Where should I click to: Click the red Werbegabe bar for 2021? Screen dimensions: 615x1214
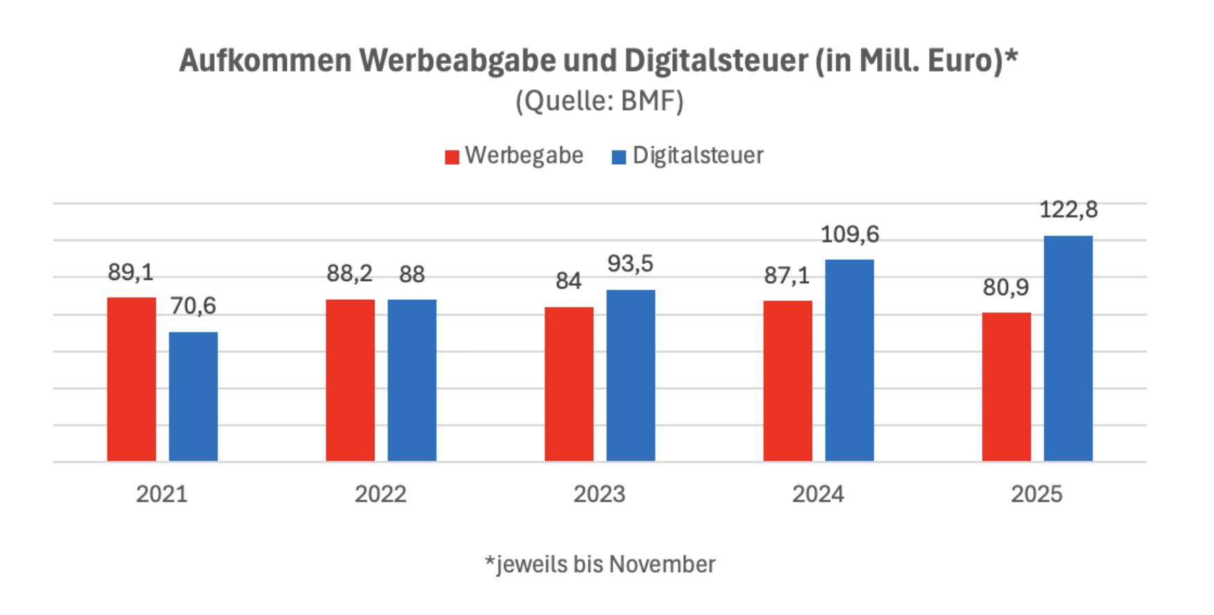point(132,379)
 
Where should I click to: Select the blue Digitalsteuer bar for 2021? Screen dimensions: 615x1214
point(193,396)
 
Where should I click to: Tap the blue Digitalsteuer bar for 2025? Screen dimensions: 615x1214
point(1068,348)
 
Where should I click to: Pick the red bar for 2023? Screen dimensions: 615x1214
point(569,384)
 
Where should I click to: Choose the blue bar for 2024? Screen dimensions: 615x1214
point(850,360)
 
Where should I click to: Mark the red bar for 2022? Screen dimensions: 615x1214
point(350,380)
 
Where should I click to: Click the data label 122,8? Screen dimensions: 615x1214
point(1068,209)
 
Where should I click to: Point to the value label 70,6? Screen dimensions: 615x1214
point(193,305)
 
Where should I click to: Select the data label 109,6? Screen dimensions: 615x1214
point(850,235)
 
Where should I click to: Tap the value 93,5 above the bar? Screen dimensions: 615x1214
point(631,264)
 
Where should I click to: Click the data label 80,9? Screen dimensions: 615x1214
point(1006,287)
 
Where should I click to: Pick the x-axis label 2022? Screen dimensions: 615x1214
point(380,494)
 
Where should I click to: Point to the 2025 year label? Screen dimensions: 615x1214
point(1037,494)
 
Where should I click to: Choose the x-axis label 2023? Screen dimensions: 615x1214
point(599,494)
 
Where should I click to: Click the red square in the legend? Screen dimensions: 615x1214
point(452,157)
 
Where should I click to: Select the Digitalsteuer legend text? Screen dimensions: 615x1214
point(698,155)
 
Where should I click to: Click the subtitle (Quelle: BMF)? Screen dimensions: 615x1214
point(599,101)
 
